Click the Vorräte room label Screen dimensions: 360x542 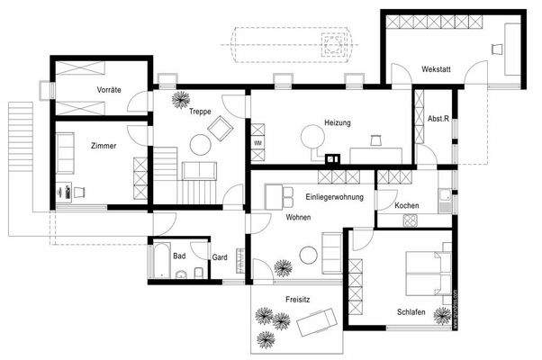(x=109, y=90)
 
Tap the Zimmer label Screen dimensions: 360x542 (x=104, y=147)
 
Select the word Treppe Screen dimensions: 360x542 (x=200, y=112)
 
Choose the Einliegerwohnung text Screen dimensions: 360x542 (x=336, y=197)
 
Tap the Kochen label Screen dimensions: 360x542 (x=407, y=207)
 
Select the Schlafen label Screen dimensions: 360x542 (x=411, y=311)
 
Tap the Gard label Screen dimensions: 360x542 (x=219, y=257)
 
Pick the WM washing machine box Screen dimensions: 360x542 (x=257, y=143)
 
